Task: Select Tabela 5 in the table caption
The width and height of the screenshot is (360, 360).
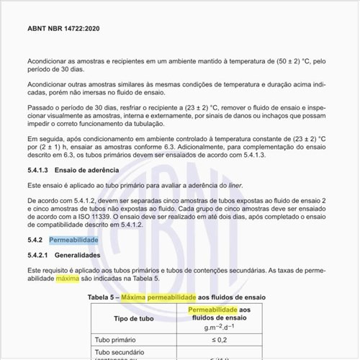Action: tap(103, 296)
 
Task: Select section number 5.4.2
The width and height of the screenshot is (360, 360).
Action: tap(37, 240)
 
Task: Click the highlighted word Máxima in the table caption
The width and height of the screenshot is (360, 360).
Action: tap(139, 296)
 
